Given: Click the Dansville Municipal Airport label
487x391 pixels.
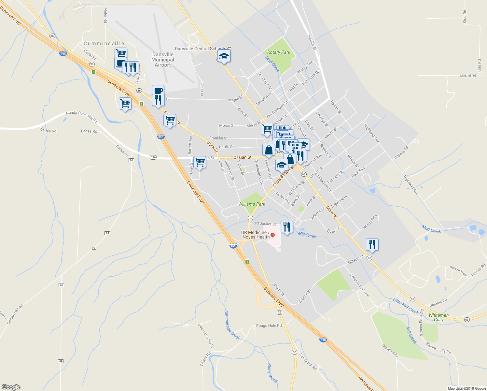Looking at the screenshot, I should (163, 60).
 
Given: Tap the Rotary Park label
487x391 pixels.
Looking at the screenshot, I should (279, 52).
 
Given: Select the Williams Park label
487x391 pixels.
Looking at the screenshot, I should (252, 204).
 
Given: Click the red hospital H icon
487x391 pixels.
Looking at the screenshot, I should (273, 235).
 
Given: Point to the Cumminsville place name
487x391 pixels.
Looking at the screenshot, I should (104, 43).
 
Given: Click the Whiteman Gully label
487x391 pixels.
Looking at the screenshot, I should (438, 317).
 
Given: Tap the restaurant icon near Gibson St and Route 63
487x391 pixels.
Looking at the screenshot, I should (372, 244).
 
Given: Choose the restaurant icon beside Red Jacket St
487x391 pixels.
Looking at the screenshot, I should (286, 227).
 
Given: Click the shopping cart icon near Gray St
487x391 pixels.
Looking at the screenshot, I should (200, 162).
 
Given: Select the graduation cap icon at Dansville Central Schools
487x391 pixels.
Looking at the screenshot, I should (224, 56).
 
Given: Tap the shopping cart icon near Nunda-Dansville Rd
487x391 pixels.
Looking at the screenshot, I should (125, 104).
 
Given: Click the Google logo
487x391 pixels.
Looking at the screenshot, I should (11, 387).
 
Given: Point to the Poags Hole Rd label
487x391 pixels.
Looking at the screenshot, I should (269, 326).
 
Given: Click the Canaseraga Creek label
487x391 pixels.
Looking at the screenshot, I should (232, 325).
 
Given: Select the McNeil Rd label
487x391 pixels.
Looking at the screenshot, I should (468, 76).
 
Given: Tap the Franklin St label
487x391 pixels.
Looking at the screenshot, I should (218, 138).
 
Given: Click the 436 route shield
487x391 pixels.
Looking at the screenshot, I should (153, 157).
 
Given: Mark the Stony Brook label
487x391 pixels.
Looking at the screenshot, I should (272, 373).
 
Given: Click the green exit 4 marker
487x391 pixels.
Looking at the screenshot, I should (247, 262).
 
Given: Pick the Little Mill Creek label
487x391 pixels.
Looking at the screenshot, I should (405, 306).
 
